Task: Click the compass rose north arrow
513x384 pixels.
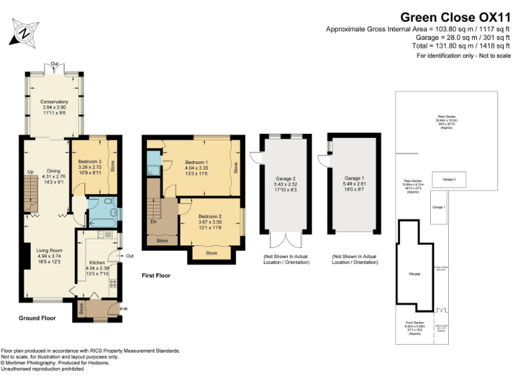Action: (25, 31)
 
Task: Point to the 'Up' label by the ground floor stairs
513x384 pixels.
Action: (30, 172)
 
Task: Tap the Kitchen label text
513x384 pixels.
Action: (98, 263)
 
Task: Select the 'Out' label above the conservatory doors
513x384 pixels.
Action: (53, 64)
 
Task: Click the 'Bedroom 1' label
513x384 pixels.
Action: (196, 163)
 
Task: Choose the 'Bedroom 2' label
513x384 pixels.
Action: (210, 217)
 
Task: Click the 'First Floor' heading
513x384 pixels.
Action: (156, 275)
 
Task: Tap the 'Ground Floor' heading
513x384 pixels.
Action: (37, 318)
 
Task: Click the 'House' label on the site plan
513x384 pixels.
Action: (414, 274)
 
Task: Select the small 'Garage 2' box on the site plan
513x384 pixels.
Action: (450, 179)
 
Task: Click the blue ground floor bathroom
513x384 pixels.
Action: (102, 211)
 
